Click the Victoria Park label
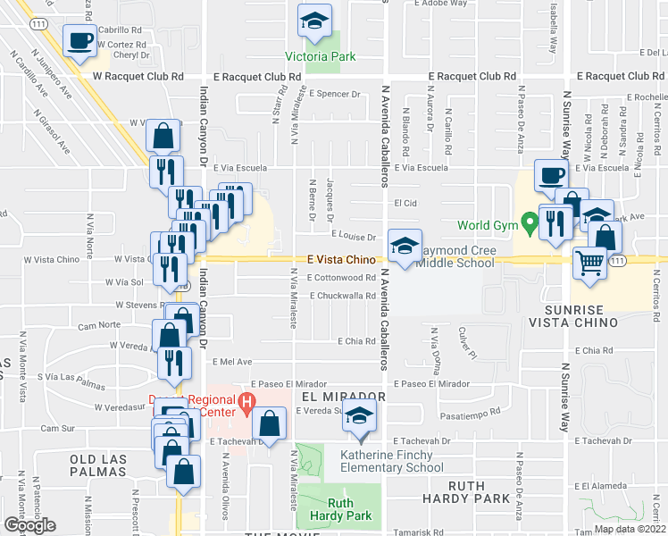click(x=320, y=56)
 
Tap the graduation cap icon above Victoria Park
click(x=313, y=24)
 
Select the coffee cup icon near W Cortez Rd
click(x=80, y=40)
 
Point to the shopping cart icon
click(x=589, y=264)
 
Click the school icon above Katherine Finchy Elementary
click(x=360, y=417)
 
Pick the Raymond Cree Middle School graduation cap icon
click(x=404, y=246)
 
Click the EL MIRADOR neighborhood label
click(x=343, y=396)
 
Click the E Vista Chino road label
click(x=339, y=259)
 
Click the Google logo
click(x=30, y=524)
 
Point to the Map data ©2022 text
click(x=629, y=529)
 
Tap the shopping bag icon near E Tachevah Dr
click(x=269, y=424)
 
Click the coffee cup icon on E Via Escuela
click(x=550, y=175)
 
